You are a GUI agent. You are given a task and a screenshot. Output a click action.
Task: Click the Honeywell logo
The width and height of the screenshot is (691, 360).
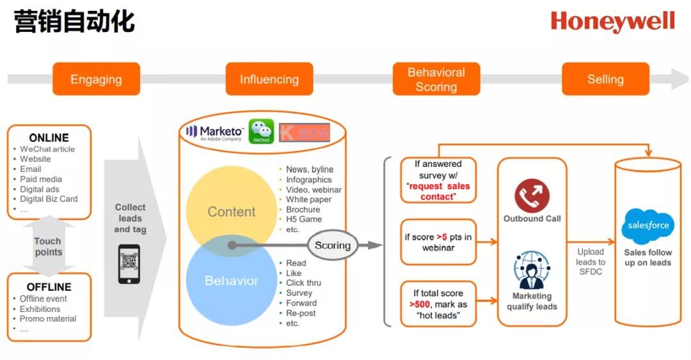pos(612,22)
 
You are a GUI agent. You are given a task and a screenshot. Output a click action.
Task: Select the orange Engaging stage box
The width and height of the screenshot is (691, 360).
pos(96,79)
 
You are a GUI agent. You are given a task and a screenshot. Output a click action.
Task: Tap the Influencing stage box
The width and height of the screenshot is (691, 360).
pos(269,79)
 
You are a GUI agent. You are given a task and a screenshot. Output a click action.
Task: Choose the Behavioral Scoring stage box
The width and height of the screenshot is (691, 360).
pos(436,79)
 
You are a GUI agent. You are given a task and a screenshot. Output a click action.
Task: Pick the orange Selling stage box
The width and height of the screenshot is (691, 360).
pos(605,79)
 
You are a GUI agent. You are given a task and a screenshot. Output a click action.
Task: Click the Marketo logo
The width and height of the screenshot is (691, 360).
pos(214,132)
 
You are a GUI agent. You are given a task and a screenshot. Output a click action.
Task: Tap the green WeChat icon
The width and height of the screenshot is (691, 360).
pos(261,132)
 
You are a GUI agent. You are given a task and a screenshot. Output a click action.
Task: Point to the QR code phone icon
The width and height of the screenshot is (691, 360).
pos(129,263)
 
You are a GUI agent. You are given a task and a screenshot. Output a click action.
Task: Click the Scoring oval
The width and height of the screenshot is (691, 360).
pos(333,246)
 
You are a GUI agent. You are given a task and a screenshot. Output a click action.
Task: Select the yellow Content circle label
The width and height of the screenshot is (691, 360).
pos(231,212)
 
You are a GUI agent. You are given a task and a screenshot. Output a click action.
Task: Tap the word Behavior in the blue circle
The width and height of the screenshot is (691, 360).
pos(231,281)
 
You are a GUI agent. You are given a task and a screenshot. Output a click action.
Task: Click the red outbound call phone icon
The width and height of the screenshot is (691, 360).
pos(532,195)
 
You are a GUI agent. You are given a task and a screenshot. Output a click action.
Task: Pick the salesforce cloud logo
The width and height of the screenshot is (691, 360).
pos(647,226)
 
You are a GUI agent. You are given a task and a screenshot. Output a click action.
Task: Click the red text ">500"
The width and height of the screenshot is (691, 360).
pos(420,304)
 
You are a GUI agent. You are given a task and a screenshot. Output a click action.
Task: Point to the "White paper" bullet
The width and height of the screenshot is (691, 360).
pos(308,200)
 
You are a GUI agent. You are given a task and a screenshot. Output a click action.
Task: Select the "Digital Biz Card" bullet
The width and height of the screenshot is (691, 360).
pos(49,199)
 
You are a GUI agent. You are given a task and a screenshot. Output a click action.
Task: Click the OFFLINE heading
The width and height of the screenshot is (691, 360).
pos(49,287)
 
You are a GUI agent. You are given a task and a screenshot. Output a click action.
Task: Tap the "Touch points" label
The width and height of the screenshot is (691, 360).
pos(48,246)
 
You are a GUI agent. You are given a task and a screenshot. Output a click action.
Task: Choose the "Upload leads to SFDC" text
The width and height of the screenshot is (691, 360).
pos(590,262)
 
